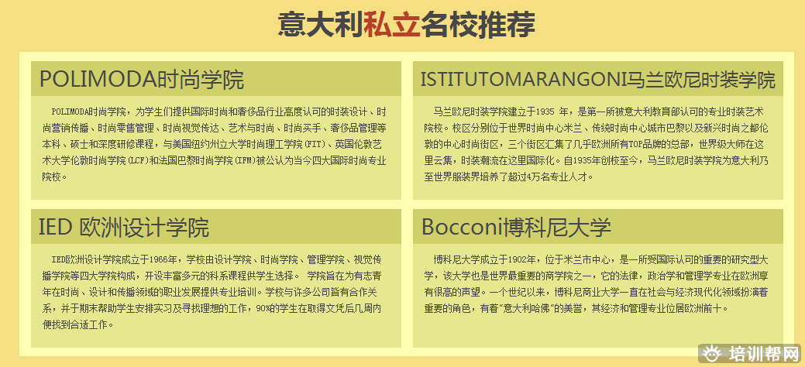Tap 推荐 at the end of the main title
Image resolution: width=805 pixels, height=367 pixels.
tap(506, 24)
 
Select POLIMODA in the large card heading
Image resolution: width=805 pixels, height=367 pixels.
tap(98, 80)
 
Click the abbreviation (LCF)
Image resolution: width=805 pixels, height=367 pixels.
tap(136, 160)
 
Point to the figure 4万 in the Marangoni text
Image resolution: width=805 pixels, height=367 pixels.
tap(533, 177)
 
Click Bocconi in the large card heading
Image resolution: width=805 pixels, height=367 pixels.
tap(462, 228)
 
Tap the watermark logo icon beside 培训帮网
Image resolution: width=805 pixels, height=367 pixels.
tap(713, 354)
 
